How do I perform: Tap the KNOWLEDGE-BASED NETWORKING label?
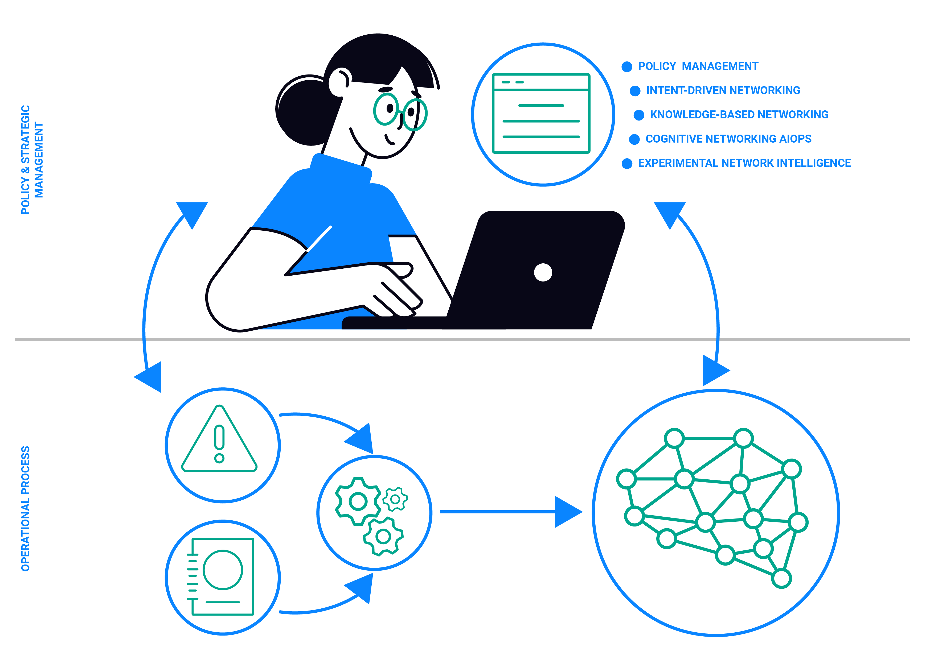[739, 115]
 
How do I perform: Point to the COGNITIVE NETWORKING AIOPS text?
[728, 139]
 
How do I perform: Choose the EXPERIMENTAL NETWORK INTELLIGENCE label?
[744, 163]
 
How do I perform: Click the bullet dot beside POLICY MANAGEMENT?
[627, 67]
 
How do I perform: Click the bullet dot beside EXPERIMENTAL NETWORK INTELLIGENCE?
[627, 163]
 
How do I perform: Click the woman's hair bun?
[303, 110]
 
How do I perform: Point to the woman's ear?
[340, 81]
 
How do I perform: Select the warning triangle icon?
[220, 441]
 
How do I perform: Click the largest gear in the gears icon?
[358, 501]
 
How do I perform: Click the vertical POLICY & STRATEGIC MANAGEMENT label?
[32, 159]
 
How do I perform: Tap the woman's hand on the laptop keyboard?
[397, 293]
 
